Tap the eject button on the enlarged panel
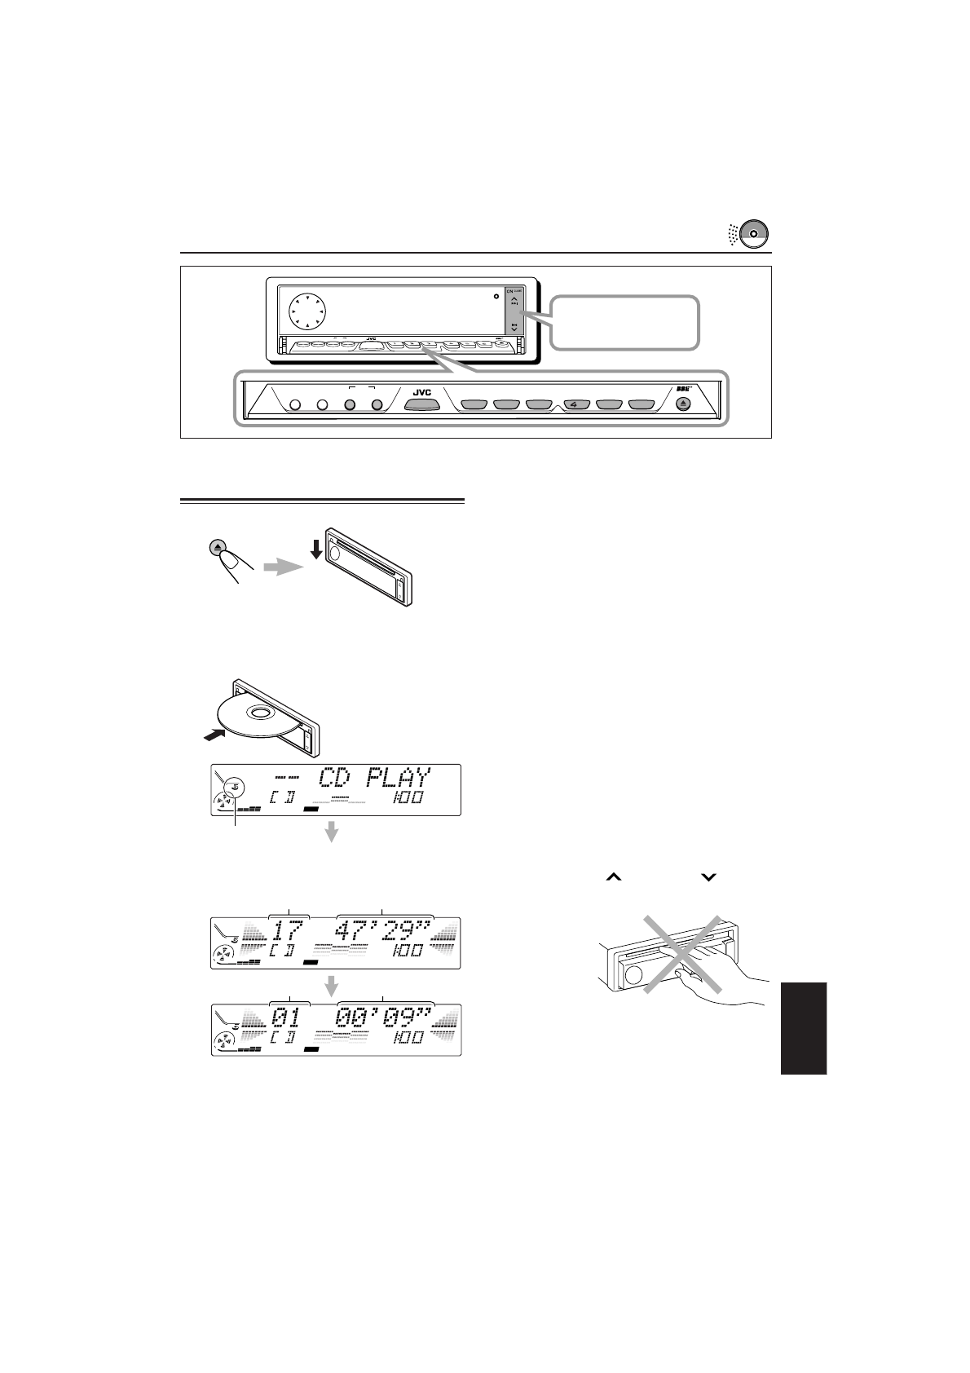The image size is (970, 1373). tap(683, 403)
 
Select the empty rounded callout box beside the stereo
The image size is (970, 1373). tap(625, 324)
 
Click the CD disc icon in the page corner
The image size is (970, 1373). tap(755, 233)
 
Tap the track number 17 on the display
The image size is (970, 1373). tap(288, 931)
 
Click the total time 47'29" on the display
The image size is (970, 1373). tap(386, 931)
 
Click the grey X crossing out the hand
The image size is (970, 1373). tap(683, 954)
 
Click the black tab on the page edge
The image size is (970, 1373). tap(802, 1028)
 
